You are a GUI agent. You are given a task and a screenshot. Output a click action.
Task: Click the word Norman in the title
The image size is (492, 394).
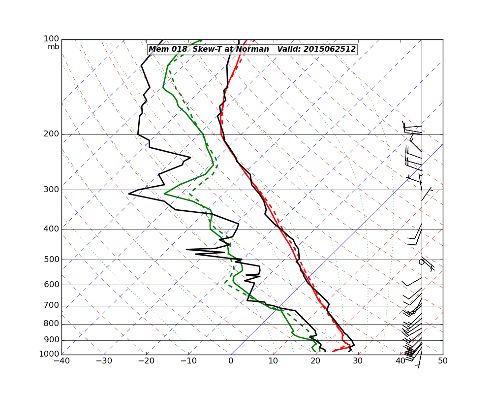(x=252, y=49)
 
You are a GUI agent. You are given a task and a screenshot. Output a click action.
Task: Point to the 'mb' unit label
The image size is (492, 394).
(x=53, y=47)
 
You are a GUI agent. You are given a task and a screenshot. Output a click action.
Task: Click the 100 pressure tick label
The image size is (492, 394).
(x=52, y=39)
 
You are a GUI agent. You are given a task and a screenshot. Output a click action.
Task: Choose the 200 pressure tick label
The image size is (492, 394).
(x=52, y=134)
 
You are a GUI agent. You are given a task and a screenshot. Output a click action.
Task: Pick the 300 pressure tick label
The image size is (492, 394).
(x=52, y=190)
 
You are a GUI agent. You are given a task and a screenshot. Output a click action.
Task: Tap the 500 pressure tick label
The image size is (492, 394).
(x=52, y=260)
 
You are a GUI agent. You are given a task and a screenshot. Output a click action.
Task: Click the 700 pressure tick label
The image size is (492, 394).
(x=52, y=306)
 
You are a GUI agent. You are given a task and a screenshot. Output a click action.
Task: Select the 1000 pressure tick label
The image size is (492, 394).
(x=50, y=354)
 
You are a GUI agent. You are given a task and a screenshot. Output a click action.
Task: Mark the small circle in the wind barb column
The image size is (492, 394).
(x=421, y=262)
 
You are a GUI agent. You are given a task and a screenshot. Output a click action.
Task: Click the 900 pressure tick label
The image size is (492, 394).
(x=52, y=340)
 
